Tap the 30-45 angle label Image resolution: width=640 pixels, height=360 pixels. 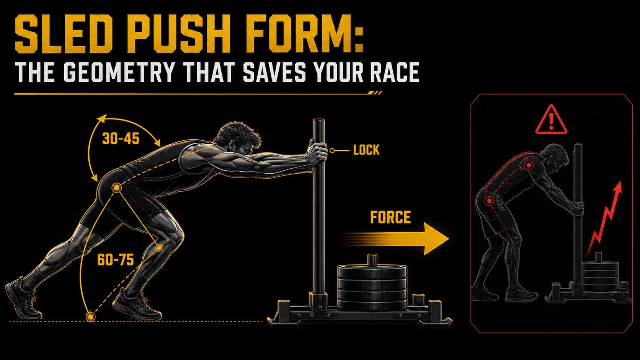[x=121, y=139]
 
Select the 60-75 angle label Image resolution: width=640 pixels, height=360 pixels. [x=116, y=260]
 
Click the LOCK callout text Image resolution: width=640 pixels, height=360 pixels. [x=366, y=150]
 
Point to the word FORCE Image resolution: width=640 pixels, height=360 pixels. [x=390, y=217]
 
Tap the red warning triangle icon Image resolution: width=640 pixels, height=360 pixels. [x=551, y=119]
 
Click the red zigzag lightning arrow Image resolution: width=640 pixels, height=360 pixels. [x=603, y=220]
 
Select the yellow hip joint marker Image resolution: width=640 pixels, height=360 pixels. [x=116, y=188]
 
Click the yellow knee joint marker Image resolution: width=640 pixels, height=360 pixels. [x=159, y=248]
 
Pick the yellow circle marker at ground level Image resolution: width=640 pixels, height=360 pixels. [x=91, y=317]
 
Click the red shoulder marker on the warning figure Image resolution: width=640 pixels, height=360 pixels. [x=529, y=165]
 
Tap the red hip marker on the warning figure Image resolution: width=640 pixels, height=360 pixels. [x=489, y=201]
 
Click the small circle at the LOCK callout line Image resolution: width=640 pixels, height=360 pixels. [x=332, y=150]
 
